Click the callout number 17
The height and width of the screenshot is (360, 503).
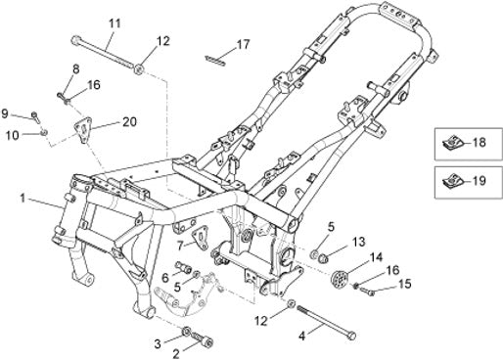pyautogui.click(x=243, y=44)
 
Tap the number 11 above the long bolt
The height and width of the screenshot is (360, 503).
pyautogui.click(x=114, y=23)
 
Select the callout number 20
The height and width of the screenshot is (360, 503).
pyautogui.click(x=129, y=121)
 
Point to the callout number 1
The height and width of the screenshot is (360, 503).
pyautogui.click(x=23, y=198)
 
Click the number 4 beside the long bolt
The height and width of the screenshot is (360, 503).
pyautogui.click(x=302, y=337)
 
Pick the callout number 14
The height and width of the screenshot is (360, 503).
pyautogui.click(x=376, y=257)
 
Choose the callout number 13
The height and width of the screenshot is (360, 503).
pyautogui.click(x=359, y=243)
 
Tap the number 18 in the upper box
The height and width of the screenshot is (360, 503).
pyautogui.click(x=480, y=143)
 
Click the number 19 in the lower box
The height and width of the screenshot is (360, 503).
pyautogui.click(x=480, y=181)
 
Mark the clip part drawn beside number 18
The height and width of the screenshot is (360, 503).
pyautogui.click(x=452, y=143)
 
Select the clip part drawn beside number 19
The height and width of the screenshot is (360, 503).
pyautogui.click(x=452, y=181)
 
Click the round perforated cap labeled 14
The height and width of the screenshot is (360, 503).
pyautogui.click(x=339, y=278)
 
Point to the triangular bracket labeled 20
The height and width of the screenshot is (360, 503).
pyautogui.click(x=83, y=130)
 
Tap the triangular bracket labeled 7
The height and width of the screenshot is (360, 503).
pyautogui.click(x=200, y=238)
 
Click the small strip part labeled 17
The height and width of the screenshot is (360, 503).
pyautogui.click(x=215, y=61)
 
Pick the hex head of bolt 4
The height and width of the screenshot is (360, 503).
pyautogui.click(x=351, y=336)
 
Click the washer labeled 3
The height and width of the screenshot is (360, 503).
pyautogui.click(x=187, y=332)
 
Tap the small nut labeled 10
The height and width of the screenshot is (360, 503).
pyautogui.click(x=44, y=132)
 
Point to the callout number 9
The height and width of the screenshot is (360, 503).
pyautogui.click(x=5, y=113)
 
